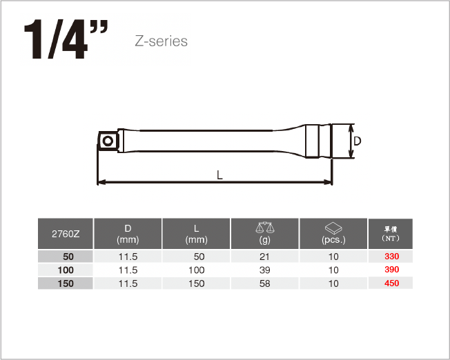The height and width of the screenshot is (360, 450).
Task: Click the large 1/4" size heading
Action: pos(66,39)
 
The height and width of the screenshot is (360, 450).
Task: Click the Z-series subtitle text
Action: pos(161,41)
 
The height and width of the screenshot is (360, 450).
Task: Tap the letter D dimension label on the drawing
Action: pos(358,141)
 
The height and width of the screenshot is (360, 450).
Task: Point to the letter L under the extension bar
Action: pos(219,174)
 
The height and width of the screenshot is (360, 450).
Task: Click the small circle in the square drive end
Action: pos(108,141)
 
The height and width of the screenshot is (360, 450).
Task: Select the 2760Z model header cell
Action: pos(66,234)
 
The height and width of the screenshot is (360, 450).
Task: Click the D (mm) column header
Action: pos(128,234)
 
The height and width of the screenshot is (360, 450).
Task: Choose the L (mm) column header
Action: pos(196,234)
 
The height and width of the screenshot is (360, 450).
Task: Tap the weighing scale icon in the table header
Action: pos(265,227)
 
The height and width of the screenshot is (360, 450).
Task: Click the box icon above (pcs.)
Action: pos(333,228)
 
